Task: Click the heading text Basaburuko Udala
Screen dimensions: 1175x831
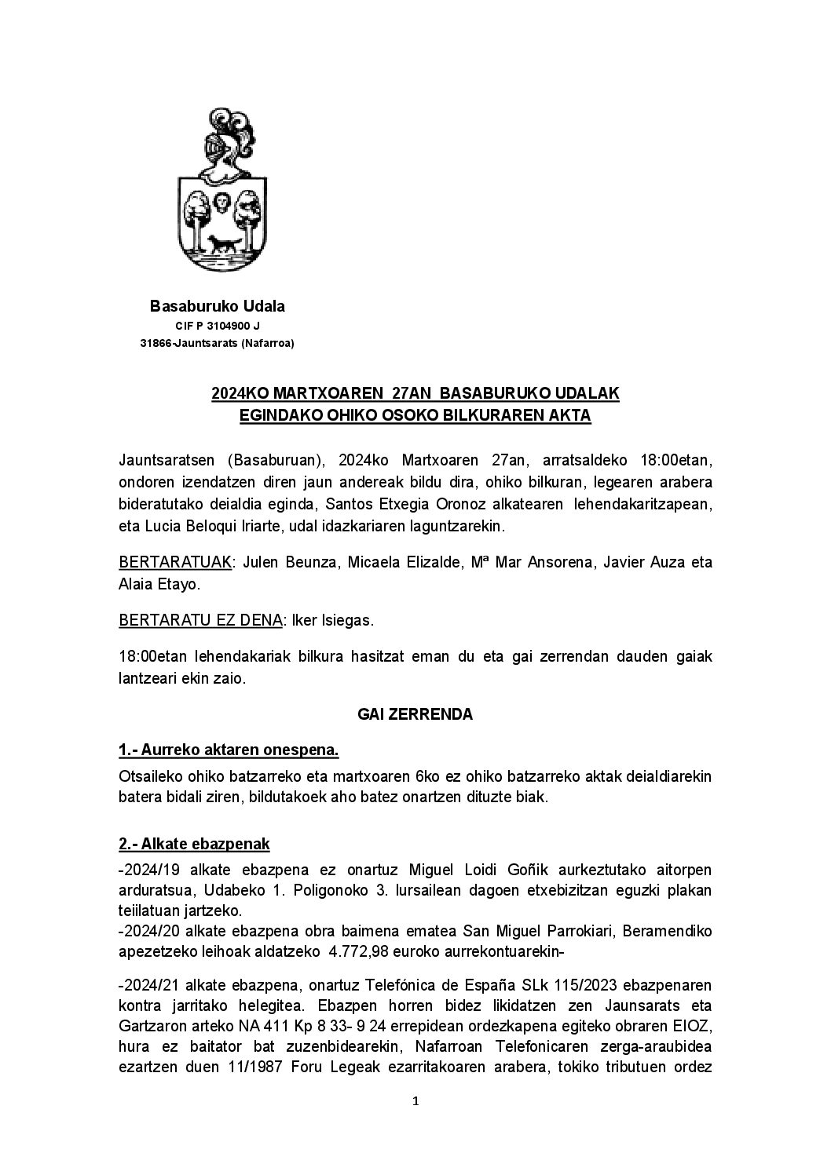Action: [x=218, y=306]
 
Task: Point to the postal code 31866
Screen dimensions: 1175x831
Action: [x=155, y=343]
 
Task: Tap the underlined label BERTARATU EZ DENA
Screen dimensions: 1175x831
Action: [x=200, y=620]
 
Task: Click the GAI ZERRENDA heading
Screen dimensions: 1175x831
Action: [x=415, y=714]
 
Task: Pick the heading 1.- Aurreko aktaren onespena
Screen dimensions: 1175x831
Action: [x=229, y=750]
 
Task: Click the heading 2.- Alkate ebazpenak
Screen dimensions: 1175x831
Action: [x=194, y=844]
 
